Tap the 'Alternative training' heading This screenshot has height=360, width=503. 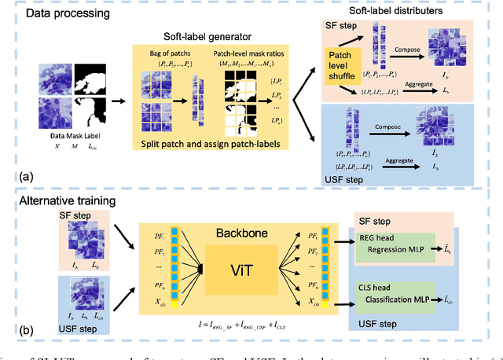point(68,202)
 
